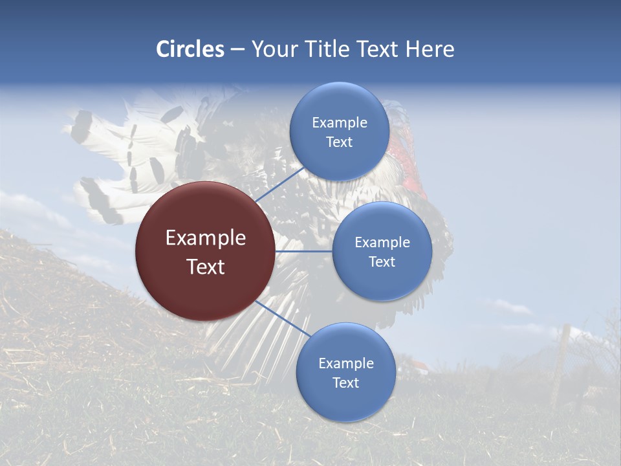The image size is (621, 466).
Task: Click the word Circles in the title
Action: click(190, 49)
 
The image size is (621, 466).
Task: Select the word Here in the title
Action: click(430, 49)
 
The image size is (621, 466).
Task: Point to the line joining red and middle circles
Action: click(303, 250)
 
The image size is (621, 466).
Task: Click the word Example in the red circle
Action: click(206, 238)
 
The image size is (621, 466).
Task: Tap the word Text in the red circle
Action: click(206, 267)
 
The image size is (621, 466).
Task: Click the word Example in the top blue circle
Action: click(339, 123)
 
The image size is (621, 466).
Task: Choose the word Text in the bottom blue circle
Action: click(345, 383)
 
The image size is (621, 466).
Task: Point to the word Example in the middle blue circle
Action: click(382, 243)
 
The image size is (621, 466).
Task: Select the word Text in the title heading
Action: click(377, 49)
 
